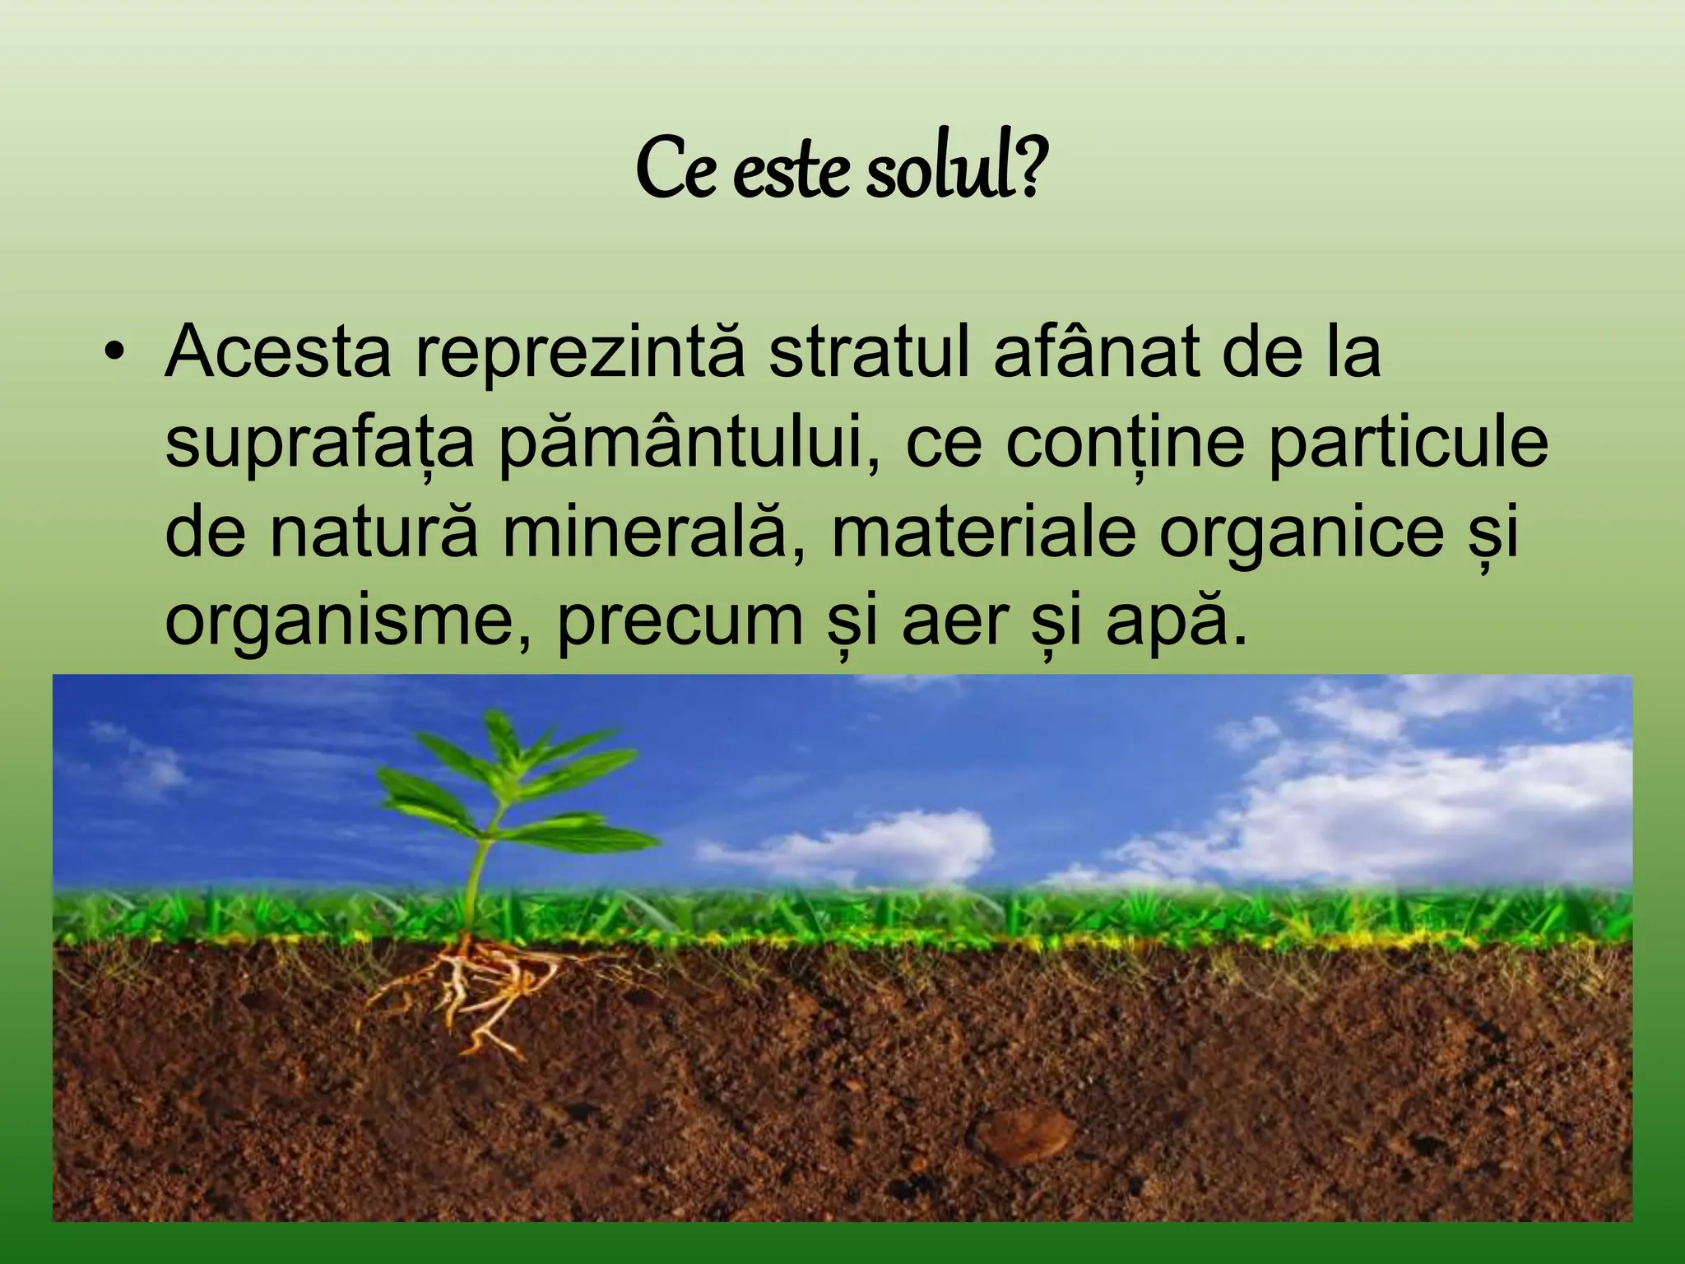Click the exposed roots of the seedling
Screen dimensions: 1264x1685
click(477, 996)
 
